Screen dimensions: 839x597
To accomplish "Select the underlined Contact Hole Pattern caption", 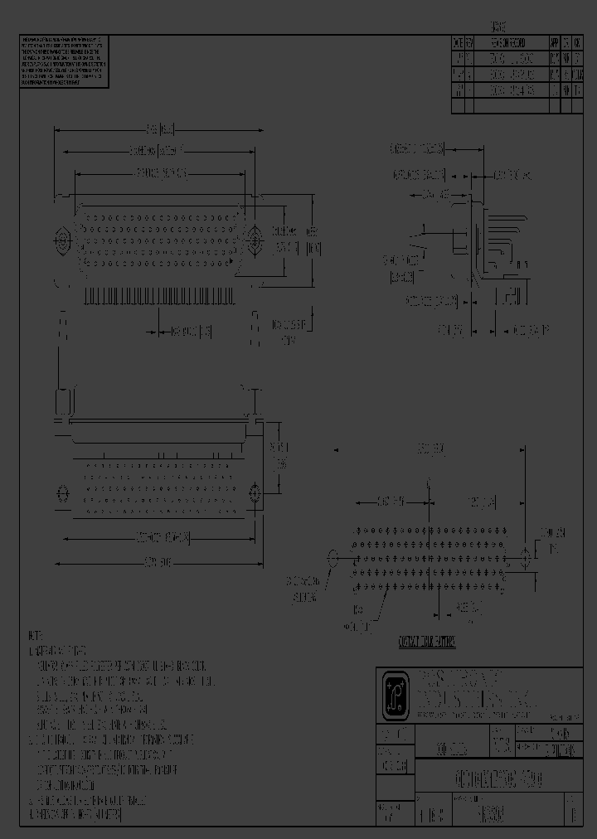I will [428, 642].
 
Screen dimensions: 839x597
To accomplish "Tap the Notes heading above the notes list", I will [35, 635].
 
